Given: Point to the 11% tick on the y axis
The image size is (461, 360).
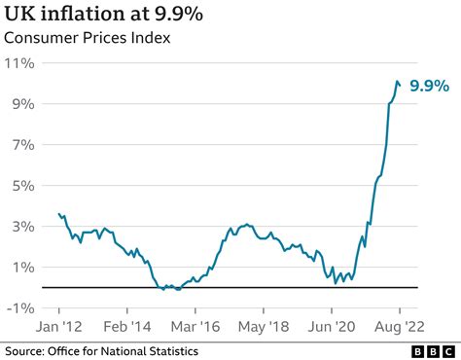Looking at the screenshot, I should pos(20,63).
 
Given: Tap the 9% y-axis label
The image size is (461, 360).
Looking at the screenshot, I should pos(23,104).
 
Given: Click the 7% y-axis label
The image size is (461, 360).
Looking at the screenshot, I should pos(23,145).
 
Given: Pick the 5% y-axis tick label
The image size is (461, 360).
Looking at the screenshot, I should pos(23,186).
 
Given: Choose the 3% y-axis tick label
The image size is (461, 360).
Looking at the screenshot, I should pos(23,227).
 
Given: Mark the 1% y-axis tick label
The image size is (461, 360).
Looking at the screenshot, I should pos(23,268).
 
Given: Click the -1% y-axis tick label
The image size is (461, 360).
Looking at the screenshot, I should pos(20,308).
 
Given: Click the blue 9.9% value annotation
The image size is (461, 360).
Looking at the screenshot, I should pos(428,87).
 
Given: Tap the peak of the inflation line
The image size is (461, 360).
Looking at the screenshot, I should pos(396,81).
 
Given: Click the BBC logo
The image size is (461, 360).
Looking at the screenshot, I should pos(435,351).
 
